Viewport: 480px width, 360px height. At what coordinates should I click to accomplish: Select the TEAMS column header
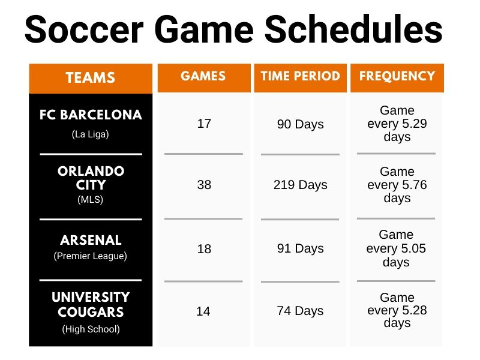click(x=91, y=78)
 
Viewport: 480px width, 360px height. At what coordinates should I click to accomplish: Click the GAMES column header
click(x=203, y=76)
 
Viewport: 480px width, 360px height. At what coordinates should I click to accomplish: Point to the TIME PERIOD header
click(x=300, y=76)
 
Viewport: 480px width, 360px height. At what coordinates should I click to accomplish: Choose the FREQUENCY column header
click(x=397, y=76)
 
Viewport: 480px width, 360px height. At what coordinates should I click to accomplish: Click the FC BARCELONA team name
click(x=91, y=115)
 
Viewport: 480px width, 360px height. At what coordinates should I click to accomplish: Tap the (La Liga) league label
click(x=91, y=134)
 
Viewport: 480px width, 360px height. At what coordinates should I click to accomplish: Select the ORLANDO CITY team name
click(x=91, y=178)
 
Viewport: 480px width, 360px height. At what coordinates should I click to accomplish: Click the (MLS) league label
click(x=91, y=200)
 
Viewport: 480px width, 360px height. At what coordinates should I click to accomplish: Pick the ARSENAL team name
click(x=91, y=240)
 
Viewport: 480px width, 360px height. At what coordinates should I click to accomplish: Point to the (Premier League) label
click(x=91, y=256)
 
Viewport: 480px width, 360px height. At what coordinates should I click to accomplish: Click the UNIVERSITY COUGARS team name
click(x=91, y=305)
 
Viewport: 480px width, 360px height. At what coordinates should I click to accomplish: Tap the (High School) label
click(x=91, y=329)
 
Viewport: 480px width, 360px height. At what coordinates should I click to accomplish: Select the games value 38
click(x=204, y=185)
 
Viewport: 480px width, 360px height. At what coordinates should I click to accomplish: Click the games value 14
click(x=204, y=311)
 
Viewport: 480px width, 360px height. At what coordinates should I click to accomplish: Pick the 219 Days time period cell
click(x=300, y=185)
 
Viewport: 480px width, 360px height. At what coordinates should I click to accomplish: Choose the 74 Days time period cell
click(x=300, y=311)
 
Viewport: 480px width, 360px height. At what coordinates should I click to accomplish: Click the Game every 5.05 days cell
click(x=397, y=248)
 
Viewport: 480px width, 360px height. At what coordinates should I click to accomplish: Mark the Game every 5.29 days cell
click(x=397, y=124)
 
